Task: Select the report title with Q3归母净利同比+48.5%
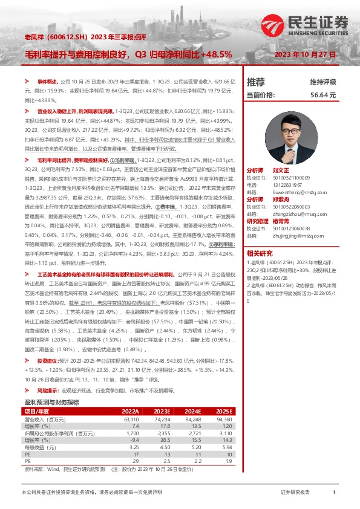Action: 128,54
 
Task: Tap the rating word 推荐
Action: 256,82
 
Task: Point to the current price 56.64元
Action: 322,95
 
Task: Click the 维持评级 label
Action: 322,82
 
